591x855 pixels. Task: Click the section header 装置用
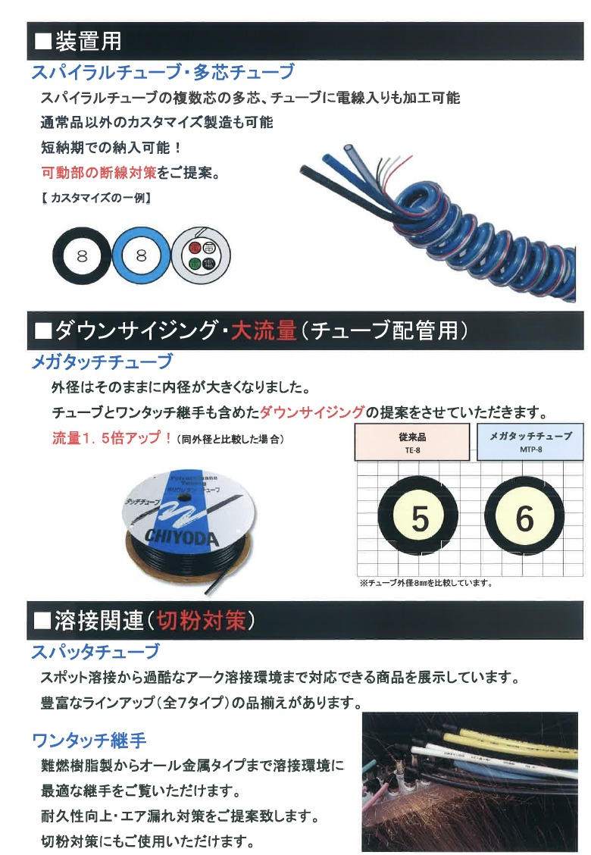click(x=88, y=40)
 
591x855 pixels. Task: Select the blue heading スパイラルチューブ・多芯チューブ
click(x=162, y=73)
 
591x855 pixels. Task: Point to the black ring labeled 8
click(x=82, y=256)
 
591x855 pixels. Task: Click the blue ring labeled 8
click(x=140, y=256)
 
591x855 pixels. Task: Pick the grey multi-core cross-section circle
click(x=200, y=256)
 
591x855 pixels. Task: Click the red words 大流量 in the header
click(x=264, y=330)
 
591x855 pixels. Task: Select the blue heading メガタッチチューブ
click(x=102, y=362)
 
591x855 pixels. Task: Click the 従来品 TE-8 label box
click(x=412, y=442)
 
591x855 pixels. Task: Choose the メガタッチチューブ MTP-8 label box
click(x=530, y=442)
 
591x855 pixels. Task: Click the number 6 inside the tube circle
click(x=524, y=519)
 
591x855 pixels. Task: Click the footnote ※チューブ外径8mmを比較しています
click(x=426, y=583)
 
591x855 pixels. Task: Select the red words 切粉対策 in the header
click(x=201, y=621)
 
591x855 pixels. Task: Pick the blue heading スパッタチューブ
click(x=95, y=651)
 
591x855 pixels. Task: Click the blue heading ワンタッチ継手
click(x=89, y=739)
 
